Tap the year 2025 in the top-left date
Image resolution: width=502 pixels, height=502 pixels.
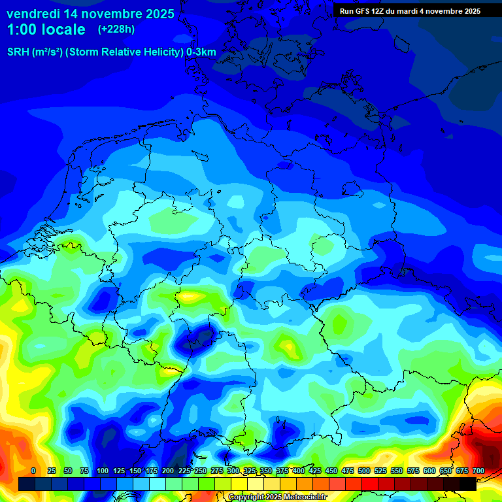click(157, 13)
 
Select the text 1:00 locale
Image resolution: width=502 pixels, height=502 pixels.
click(46, 29)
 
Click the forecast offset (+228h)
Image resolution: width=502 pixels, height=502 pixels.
click(116, 29)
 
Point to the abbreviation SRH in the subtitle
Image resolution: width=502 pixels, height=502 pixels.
click(18, 52)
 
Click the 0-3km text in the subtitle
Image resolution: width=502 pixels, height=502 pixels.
click(201, 52)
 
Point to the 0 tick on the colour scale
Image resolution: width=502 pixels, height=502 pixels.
click(33, 471)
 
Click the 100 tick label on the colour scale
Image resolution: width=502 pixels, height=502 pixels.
click(103, 471)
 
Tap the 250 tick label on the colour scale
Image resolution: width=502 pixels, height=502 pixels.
click(201, 471)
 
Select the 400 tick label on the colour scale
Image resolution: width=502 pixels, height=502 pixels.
click(299, 471)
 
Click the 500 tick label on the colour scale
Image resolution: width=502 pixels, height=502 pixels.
click(364, 471)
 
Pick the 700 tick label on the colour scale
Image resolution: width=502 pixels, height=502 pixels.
click(478, 471)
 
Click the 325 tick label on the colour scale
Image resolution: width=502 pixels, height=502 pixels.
click(250, 471)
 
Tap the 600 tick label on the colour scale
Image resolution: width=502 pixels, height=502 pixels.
click(429, 471)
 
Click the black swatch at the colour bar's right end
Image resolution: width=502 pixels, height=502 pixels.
click(468, 484)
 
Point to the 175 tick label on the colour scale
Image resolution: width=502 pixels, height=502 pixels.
click(152, 471)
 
